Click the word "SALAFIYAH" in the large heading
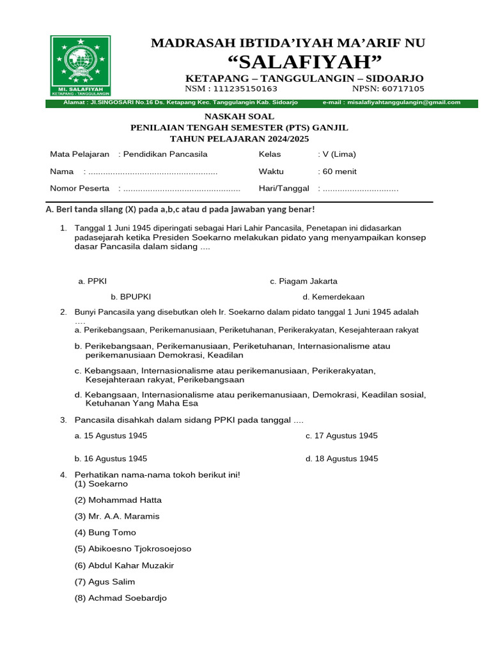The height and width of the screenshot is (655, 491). point(305,63)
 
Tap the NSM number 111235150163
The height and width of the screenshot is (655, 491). point(241,89)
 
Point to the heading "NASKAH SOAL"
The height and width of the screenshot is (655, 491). point(239,116)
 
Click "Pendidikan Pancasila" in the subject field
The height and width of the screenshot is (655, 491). point(165,154)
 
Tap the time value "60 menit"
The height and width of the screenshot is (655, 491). point(339,171)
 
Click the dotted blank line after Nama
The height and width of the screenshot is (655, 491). point(153,172)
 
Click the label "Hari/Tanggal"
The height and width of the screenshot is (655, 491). point(283,188)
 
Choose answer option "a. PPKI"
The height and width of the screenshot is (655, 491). point(88,281)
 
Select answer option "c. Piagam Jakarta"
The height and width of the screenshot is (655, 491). point(304,281)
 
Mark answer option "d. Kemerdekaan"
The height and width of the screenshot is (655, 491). point(333,297)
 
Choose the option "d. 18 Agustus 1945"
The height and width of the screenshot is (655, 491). point(341,459)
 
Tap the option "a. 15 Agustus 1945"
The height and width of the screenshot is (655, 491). point(111,436)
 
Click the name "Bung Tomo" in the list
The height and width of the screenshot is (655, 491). point(105,532)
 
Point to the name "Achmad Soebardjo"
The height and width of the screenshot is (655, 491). point(121,598)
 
